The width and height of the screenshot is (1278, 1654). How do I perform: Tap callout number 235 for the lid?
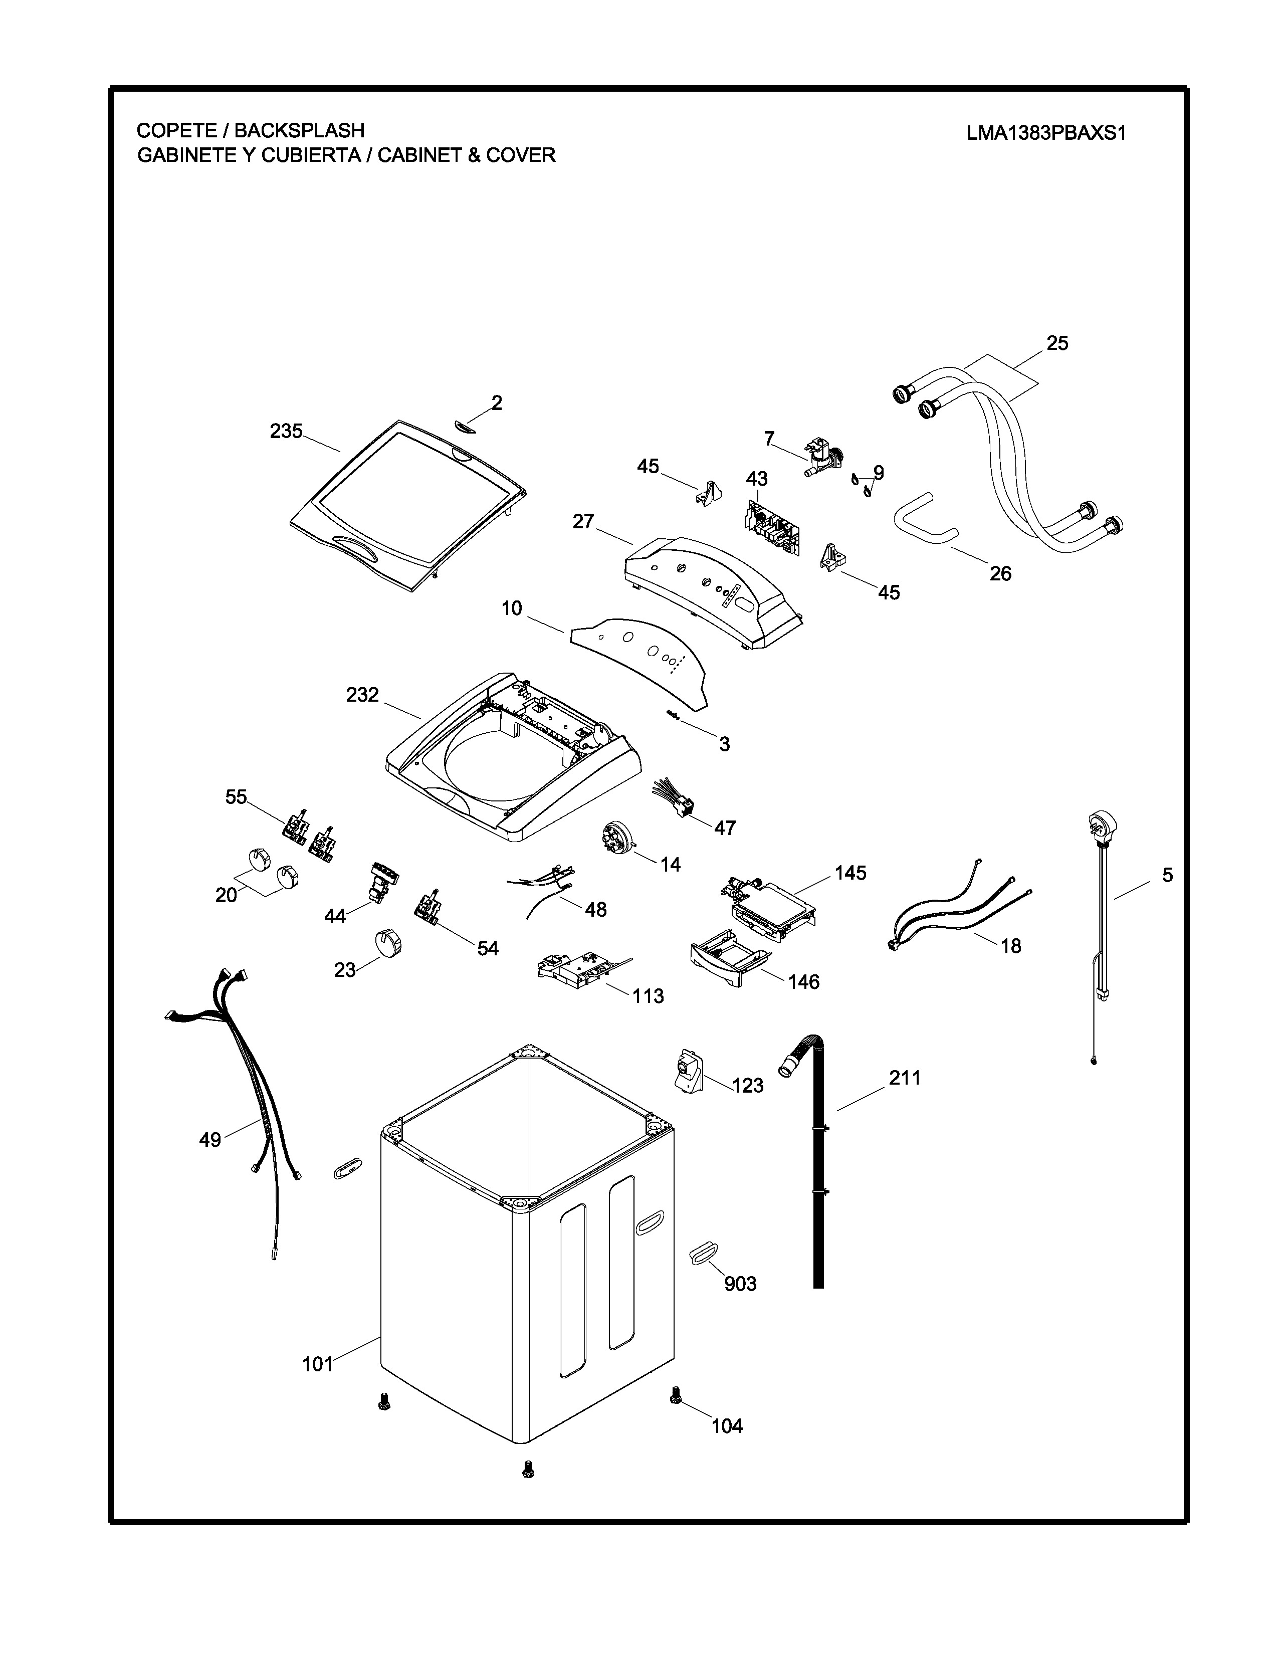click(x=286, y=431)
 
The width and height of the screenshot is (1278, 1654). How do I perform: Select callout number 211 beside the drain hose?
click(x=905, y=1078)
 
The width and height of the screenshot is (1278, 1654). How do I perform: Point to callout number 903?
click(x=740, y=1283)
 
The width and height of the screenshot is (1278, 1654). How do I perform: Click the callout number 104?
click(x=727, y=1426)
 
